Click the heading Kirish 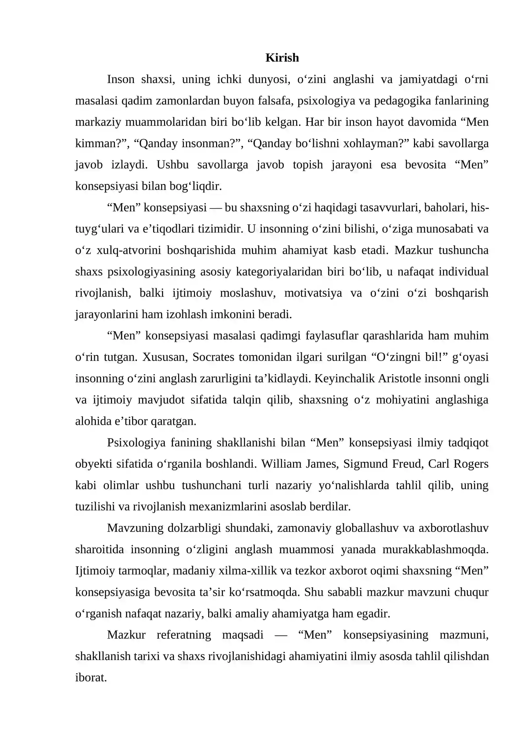click(282, 58)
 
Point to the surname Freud click(408, 464)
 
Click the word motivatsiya click(313, 293)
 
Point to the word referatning click(183, 635)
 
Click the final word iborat click(91, 677)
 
